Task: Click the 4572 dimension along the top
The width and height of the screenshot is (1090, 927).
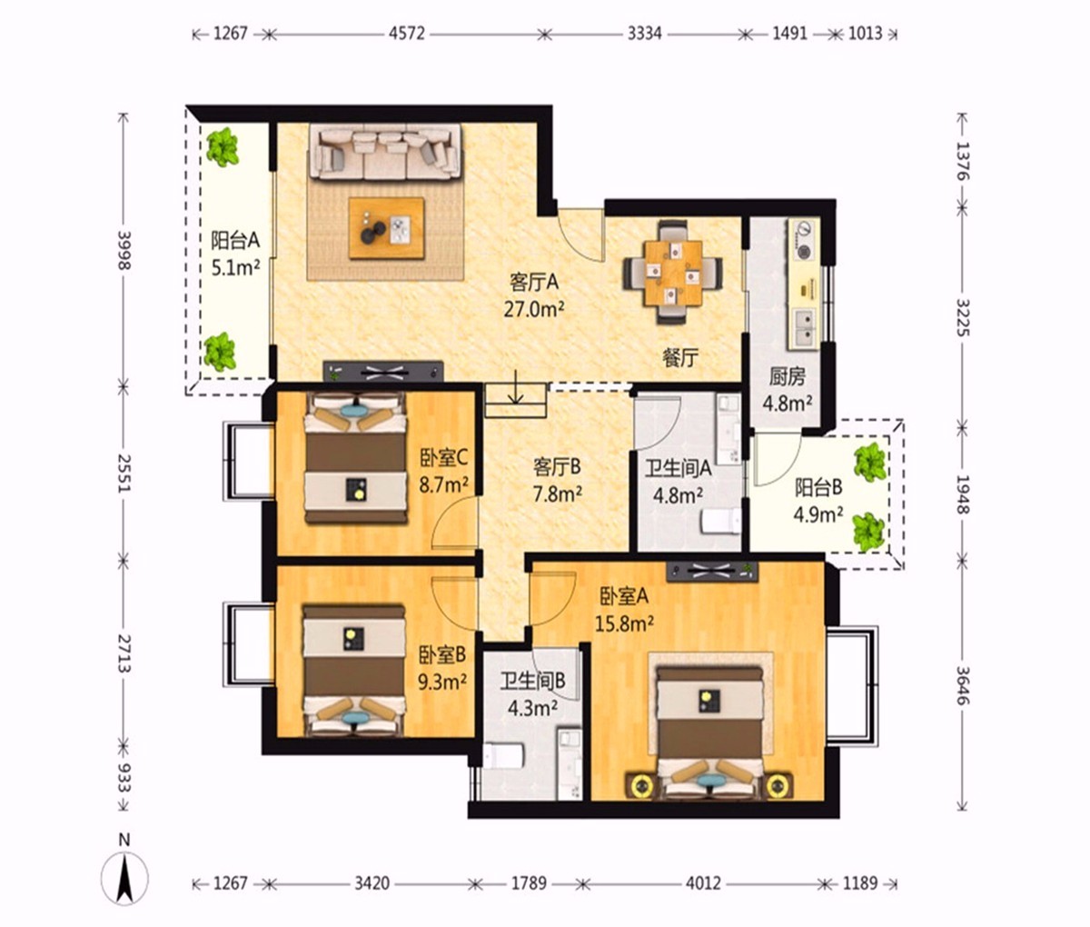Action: point(406,34)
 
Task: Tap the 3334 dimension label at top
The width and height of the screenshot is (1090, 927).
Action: point(644,34)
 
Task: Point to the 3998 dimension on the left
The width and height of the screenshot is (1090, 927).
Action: point(124,250)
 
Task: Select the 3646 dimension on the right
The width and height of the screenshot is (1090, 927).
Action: point(963,685)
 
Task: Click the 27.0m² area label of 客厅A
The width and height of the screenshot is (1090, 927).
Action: point(534,309)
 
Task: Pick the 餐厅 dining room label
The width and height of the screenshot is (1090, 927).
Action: point(680,358)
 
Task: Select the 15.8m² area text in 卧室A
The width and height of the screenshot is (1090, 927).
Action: point(624,624)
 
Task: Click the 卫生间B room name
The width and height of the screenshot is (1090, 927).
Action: point(532,681)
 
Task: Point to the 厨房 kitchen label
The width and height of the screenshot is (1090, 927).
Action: point(787,377)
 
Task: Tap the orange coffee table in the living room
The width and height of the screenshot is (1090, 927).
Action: point(387,228)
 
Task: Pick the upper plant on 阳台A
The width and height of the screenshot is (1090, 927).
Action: point(223,145)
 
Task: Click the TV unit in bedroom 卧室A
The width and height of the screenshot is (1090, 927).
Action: point(712,572)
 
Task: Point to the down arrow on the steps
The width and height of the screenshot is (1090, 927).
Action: point(515,388)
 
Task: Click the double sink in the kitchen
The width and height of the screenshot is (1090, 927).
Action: point(803,329)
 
